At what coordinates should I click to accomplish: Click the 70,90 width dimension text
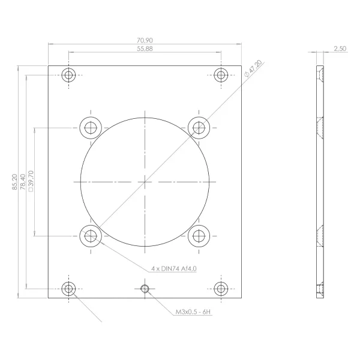click(145, 40)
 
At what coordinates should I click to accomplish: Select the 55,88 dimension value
click(145, 49)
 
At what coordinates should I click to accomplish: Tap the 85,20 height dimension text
click(14, 182)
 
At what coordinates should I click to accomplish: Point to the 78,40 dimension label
click(23, 182)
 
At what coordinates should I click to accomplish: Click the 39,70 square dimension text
click(31, 181)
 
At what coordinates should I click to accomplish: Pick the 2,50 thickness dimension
click(340, 49)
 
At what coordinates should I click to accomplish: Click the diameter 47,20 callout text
click(253, 68)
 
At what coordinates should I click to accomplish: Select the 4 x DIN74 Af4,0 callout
click(174, 268)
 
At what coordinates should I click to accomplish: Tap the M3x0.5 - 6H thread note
click(193, 312)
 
